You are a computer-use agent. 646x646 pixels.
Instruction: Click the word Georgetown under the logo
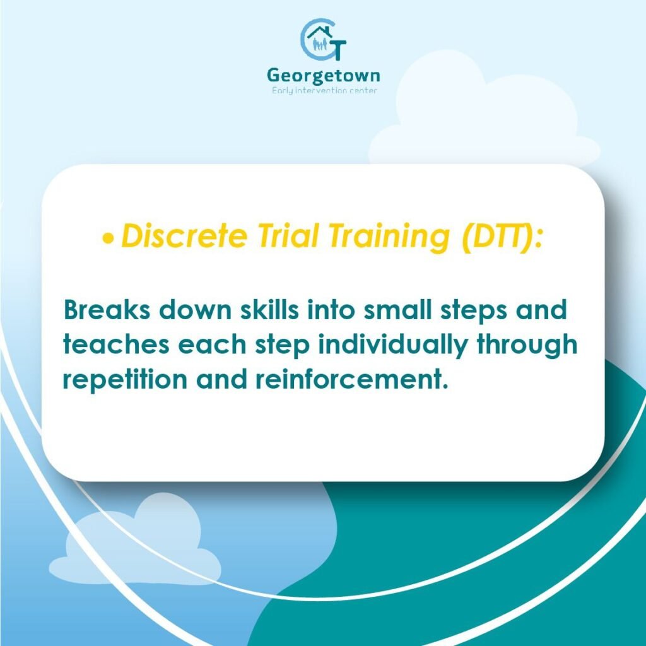pos(324,76)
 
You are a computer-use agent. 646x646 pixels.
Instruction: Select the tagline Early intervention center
pos(324,91)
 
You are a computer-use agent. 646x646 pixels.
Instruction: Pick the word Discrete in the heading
pos(184,236)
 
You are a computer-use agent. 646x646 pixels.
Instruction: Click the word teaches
pos(116,344)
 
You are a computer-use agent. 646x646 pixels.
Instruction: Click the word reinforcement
pos(351,379)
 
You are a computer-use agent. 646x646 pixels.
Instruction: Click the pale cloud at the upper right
pos(484,111)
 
